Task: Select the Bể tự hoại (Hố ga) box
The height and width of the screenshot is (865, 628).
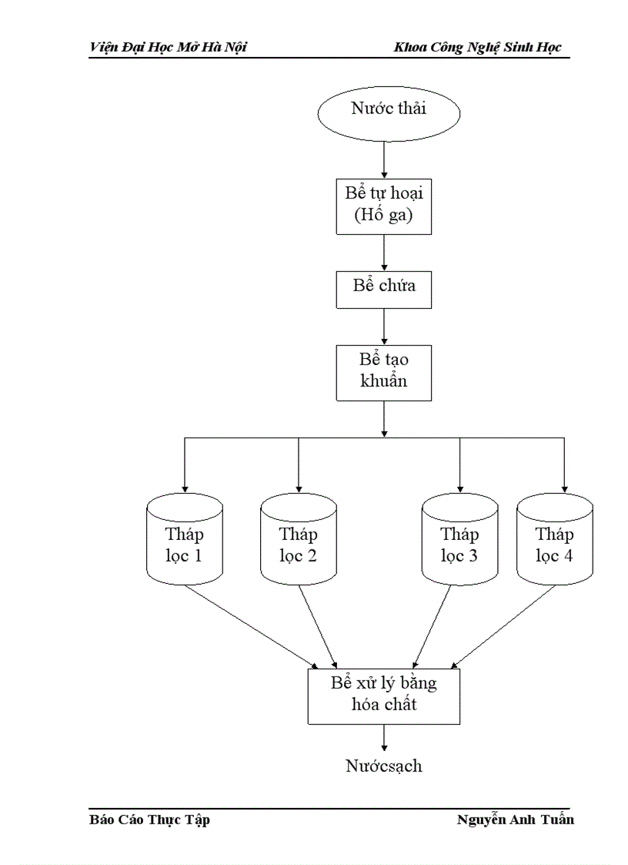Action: coord(383,205)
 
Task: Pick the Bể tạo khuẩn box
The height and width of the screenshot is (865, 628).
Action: coord(383,372)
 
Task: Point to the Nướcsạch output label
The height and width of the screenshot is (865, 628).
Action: coord(383,766)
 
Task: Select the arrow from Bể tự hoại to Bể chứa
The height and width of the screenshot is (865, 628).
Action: coord(383,252)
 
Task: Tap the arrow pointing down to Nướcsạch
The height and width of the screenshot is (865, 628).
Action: coord(383,738)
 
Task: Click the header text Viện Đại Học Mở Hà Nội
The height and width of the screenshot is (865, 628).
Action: coord(168,48)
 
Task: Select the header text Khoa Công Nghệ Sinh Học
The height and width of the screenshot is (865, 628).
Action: coord(477,48)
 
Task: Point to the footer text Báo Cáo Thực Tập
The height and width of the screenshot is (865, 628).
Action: coord(150,820)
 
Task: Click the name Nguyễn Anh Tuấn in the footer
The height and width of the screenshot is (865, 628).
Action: coord(515,820)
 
